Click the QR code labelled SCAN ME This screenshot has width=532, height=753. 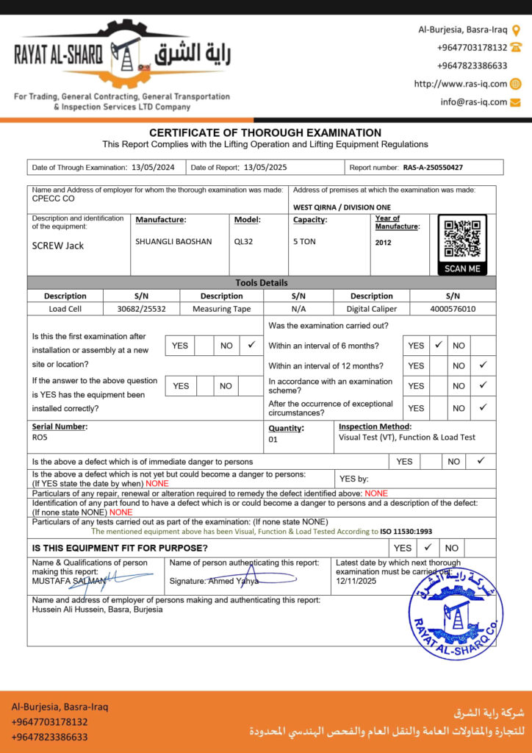(x=462, y=240)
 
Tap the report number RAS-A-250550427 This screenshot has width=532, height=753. (x=433, y=168)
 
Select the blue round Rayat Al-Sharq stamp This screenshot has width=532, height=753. (x=456, y=613)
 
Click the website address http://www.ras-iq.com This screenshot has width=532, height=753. (x=461, y=84)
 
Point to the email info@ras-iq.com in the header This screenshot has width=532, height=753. (x=474, y=102)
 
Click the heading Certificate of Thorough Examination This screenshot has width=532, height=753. (x=265, y=133)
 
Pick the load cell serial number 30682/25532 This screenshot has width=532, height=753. (x=142, y=309)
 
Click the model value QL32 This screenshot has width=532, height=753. (x=243, y=241)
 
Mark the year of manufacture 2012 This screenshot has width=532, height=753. (x=384, y=243)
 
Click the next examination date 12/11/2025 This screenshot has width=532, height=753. (x=356, y=581)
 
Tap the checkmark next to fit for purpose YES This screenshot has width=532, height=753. (x=427, y=547)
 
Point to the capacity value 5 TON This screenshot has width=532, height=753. (x=304, y=241)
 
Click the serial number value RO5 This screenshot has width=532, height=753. (x=40, y=437)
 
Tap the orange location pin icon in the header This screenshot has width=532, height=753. (x=516, y=30)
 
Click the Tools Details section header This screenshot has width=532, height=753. (x=262, y=282)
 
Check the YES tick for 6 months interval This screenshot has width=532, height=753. (x=438, y=344)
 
